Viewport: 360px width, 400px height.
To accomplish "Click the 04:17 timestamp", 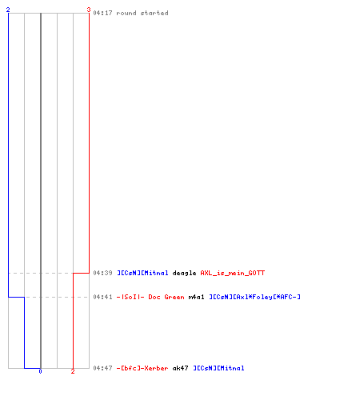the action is coord(102,13).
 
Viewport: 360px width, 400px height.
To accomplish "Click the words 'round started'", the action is coord(142,13).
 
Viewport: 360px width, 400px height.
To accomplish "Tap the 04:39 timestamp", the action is coord(102,273).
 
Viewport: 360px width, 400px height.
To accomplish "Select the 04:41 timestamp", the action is coord(102,297).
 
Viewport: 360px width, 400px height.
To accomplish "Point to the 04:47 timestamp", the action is coord(102,368).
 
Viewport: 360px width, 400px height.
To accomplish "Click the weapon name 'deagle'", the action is coord(184,273).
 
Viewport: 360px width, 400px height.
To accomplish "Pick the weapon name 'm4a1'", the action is coord(196,297).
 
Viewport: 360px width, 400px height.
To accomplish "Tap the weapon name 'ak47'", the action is coord(180,368).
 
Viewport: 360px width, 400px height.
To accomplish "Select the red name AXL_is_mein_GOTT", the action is coord(233,273).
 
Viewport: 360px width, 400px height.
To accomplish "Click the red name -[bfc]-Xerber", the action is coord(142,368).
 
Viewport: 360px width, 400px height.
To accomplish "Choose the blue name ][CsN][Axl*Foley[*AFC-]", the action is coord(254,297).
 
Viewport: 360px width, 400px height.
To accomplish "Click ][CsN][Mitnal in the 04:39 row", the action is coord(142,273).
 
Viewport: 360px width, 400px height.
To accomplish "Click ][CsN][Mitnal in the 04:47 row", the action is coord(218,368).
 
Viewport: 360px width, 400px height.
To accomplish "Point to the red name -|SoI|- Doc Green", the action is coord(150,297).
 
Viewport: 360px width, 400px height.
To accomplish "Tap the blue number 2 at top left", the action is coord(8,10).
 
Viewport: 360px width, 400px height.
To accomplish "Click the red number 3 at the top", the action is coord(89,10).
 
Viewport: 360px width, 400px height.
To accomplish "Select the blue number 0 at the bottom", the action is coord(40,371).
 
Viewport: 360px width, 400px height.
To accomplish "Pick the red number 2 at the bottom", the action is coord(73,371).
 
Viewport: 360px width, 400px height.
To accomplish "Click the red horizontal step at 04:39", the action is coord(81,273).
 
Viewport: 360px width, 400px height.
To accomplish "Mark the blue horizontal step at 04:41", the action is coord(17,297).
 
